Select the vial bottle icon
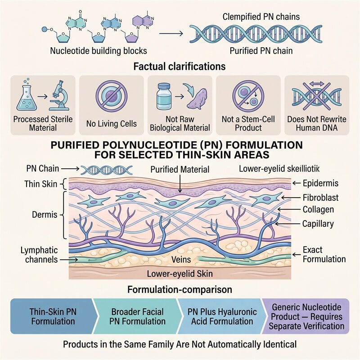pos(164,96)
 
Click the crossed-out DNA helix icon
pos(317,95)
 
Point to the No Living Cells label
pos(111,123)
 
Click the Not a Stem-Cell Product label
pos(248,123)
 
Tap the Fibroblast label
pos(320,198)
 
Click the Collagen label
pos(318,209)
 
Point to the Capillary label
pos(318,224)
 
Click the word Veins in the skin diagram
pos(181,260)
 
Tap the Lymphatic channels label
pos(39,255)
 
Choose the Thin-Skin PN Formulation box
pos(53,316)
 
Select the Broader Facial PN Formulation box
pos(137,316)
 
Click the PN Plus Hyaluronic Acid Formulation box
pos(222,316)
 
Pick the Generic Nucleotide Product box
pos(306,316)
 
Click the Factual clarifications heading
pos(180,66)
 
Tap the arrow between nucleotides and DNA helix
pos(171,33)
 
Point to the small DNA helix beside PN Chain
pos(107,170)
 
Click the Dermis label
pos(45,215)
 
